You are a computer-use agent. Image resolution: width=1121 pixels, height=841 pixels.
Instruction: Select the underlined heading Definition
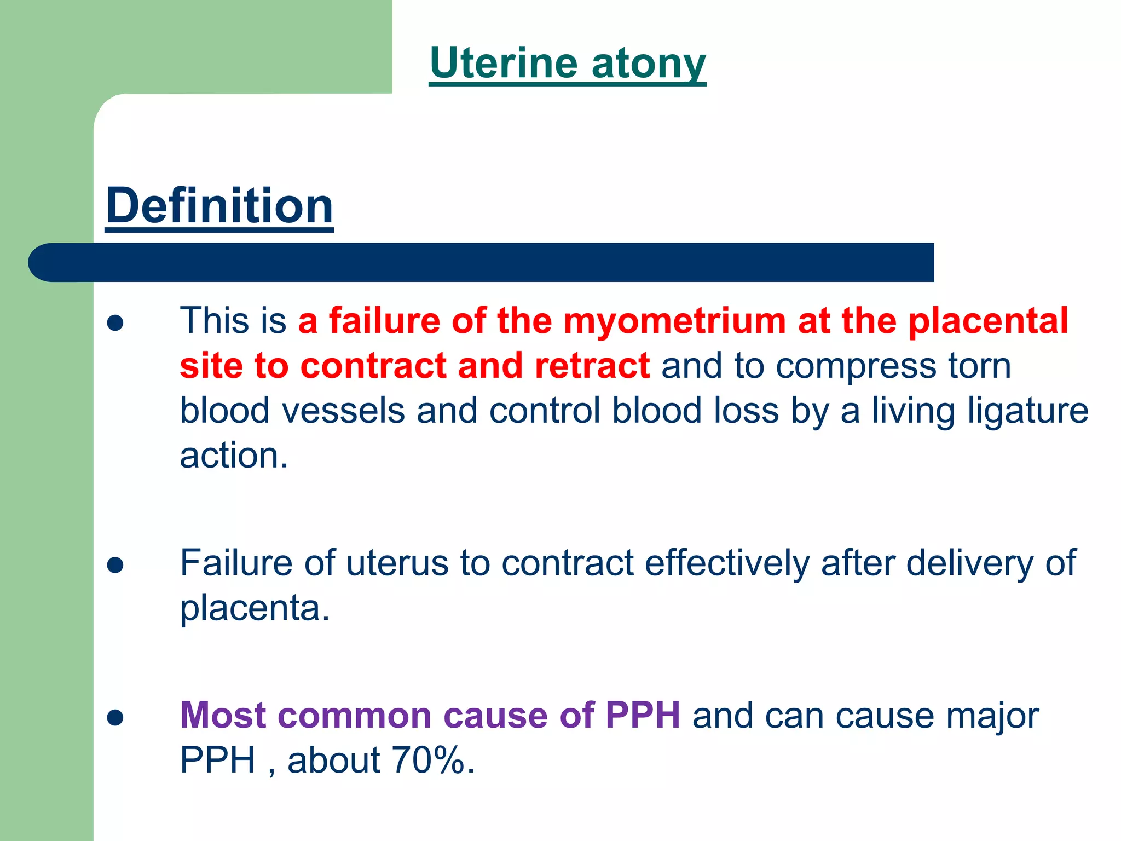pos(219,206)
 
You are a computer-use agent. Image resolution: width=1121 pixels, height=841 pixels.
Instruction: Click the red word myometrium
pos(674,321)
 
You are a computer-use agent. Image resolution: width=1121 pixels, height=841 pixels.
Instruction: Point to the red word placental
pos(988,321)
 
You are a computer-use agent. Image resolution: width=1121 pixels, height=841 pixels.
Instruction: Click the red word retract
pos(592,366)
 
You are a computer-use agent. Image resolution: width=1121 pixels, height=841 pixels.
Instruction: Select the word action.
pos(233,456)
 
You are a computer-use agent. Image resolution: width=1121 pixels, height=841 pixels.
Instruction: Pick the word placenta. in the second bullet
pos(255,608)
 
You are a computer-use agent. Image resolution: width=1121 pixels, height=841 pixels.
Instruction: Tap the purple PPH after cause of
pos(643,716)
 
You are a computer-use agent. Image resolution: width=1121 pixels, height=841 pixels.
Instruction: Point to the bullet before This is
pos(115,323)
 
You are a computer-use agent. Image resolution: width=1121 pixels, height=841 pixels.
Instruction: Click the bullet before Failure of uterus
pos(115,565)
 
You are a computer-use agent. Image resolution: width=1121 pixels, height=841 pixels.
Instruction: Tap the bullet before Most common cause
pos(115,717)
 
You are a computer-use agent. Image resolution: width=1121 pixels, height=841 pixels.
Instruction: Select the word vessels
pos(343,411)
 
